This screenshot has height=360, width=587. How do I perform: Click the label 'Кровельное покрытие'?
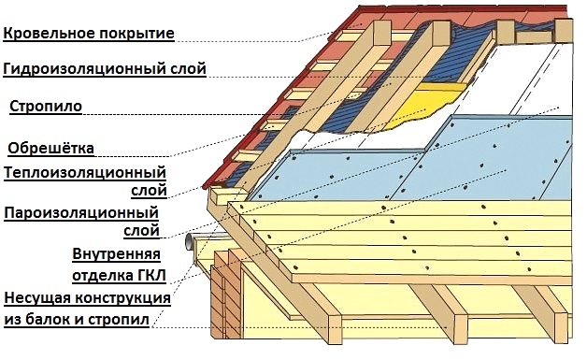tap(89, 35)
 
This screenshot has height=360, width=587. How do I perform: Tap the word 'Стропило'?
tap(46, 107)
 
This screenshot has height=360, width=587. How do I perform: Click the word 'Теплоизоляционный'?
tap(85, 173)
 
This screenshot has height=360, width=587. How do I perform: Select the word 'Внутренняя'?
tap(116, 254)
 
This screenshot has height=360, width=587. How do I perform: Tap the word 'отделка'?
tap(99, 276)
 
